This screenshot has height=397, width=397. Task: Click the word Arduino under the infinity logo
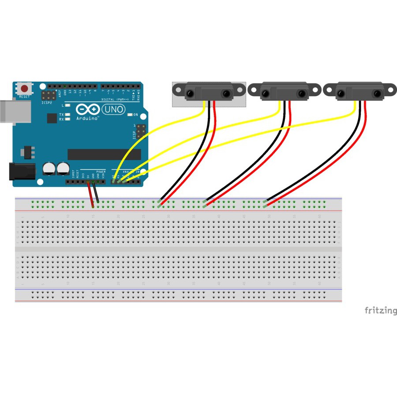(87, 118)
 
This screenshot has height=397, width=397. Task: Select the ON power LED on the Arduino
(130, 115)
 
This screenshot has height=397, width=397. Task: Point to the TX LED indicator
(67, 114)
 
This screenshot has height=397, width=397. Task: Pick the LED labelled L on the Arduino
(67, 106)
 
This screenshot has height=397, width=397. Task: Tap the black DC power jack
(21, 172)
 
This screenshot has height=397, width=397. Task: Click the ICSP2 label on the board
(47, 102)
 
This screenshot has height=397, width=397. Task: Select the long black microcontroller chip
(104, 154)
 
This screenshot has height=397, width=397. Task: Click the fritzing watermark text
(380, 311)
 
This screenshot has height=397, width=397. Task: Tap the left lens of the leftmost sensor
(190, 94)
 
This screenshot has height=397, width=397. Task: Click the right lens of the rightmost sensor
(377, 94)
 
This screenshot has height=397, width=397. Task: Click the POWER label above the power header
(101, 171)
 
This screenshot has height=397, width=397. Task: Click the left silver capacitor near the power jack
(49, 169)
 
